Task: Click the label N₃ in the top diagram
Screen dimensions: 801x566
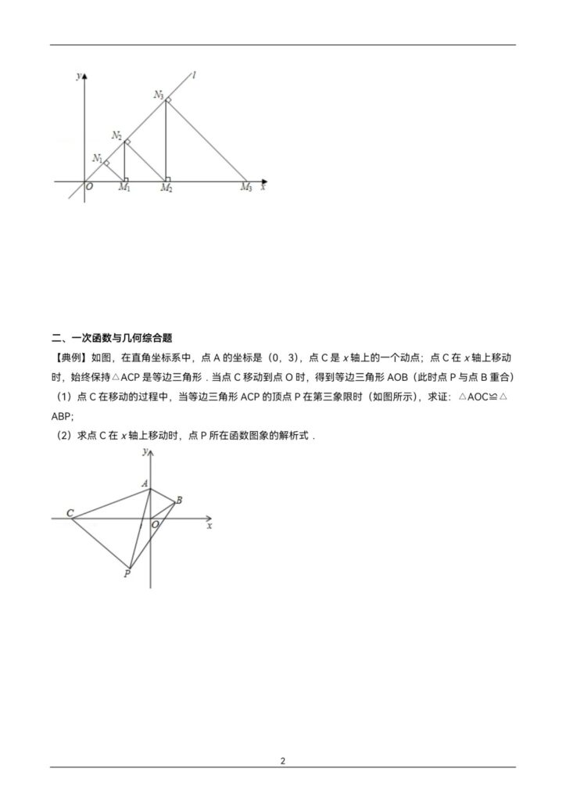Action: (159, 95)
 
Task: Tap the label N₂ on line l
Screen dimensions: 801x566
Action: (116, 135)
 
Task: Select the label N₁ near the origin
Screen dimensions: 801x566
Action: (97, 159)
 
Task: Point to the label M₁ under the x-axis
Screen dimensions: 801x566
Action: (124, 188)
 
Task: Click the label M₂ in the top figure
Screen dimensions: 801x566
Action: (167, 188)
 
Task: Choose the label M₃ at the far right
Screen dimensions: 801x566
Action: (245, 188)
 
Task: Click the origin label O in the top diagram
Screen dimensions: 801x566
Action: (88, 188)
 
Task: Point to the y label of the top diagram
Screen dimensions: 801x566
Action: (77, 75)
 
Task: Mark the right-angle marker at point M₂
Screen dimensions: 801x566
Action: (168, 178)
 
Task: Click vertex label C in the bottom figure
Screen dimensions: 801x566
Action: (70, 514)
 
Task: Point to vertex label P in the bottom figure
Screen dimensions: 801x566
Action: (127, 574)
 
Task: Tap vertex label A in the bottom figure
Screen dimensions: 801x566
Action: (145, 484)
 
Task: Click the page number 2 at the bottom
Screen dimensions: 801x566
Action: (283, 760)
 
